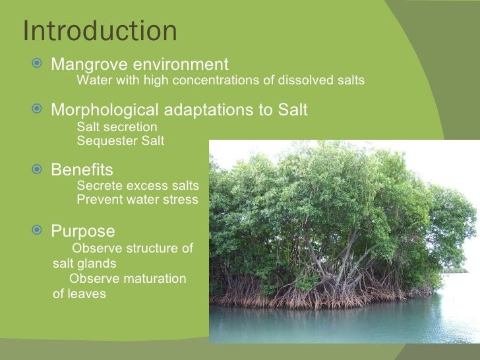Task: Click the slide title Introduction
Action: coord(100,31)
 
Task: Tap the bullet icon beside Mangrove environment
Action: coord(38,65)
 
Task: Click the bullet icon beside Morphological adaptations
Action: coord(38,109)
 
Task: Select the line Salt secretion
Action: coord(117,127)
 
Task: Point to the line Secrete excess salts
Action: coord(137,187)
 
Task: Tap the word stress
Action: coord(181,200)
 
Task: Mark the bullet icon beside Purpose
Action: coord(38,231)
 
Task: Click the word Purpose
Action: coord(83,231)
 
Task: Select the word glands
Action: coord(104,263)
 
